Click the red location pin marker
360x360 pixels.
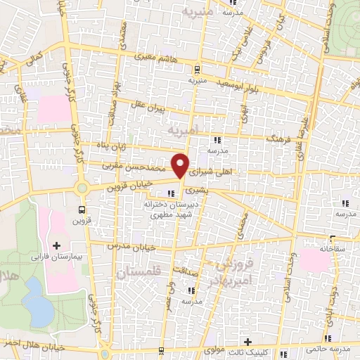pyautogui.click(x=181, y=165)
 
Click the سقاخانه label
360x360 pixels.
pyautogui.click(x=316, y=247)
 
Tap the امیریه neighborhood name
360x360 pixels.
pyautogui.click(x=185, y=129)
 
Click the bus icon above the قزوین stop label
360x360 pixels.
pyautogui.click(x=83, y=210)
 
